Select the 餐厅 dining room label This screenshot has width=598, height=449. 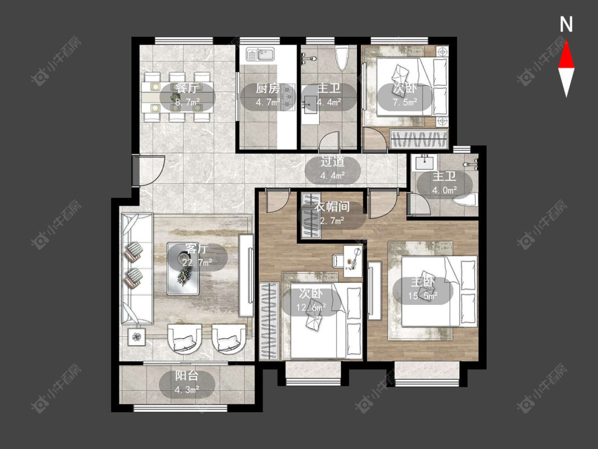coord(187,89)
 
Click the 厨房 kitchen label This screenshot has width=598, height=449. coord(267,89)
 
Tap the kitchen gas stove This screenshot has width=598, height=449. coord(288,98)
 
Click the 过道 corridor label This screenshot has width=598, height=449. coord(333,162)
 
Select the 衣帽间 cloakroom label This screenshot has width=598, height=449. coord(333,207)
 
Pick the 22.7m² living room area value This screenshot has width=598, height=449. coord(197,263)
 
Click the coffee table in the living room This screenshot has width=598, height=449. coord(183,269)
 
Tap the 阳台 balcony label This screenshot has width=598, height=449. coord(187,376)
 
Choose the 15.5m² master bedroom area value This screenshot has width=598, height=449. coord(423,295)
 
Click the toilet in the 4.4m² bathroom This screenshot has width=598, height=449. coord(342,57)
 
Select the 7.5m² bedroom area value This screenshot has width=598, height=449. coord(405,102)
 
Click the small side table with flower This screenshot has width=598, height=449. coord(137,337)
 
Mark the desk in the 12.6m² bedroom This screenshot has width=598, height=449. coord(353,261)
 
